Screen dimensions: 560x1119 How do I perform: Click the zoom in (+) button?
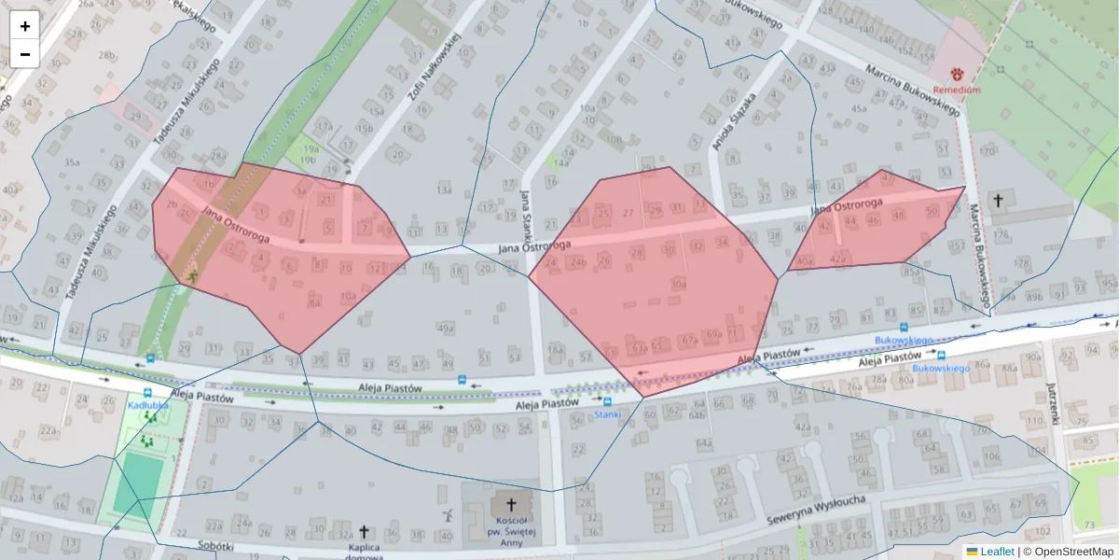24,26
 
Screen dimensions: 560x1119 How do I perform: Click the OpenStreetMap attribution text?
1073,552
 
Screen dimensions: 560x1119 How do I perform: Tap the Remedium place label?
957,90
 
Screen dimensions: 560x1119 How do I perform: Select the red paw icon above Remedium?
957,72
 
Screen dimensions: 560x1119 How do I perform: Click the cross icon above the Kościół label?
510,505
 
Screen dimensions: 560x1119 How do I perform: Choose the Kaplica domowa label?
363,550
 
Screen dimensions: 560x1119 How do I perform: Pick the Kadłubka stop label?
147,406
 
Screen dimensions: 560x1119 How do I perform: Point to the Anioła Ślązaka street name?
733,121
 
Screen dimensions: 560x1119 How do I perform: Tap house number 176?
1001,233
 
